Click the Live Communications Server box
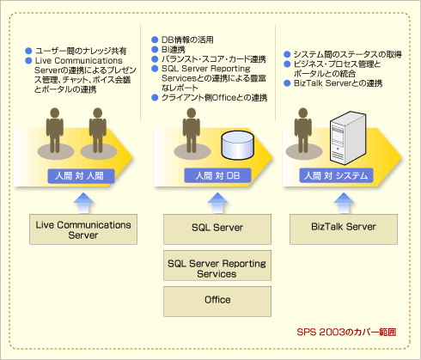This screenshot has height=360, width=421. (83, 229)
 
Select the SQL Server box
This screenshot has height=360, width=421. (217, 229)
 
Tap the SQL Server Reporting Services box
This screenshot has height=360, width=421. (217, 265)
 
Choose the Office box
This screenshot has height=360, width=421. (217, 302)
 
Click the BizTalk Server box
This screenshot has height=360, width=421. (344, 229)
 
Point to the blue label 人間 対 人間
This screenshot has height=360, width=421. (81, 176)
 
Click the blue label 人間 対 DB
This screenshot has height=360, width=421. (217, 175)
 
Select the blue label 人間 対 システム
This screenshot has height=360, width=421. (336, 175)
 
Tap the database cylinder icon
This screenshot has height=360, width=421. (238, 145)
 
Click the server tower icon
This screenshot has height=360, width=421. (348, 137)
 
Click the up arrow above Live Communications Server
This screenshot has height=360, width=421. (83, 203)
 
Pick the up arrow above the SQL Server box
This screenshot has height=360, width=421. (217, 203)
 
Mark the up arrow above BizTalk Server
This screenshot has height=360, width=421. (344, 203)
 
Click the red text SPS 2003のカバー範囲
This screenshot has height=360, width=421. (346, 333)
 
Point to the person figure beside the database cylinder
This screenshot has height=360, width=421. (192, 131)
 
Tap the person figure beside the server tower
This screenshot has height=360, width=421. (303, 131)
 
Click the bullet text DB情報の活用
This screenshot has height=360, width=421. (187, 40)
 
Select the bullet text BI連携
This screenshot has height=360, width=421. (174, 49)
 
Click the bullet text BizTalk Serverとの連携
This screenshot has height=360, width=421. (338, 83)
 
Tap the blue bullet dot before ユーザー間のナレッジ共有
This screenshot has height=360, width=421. (28, 51)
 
